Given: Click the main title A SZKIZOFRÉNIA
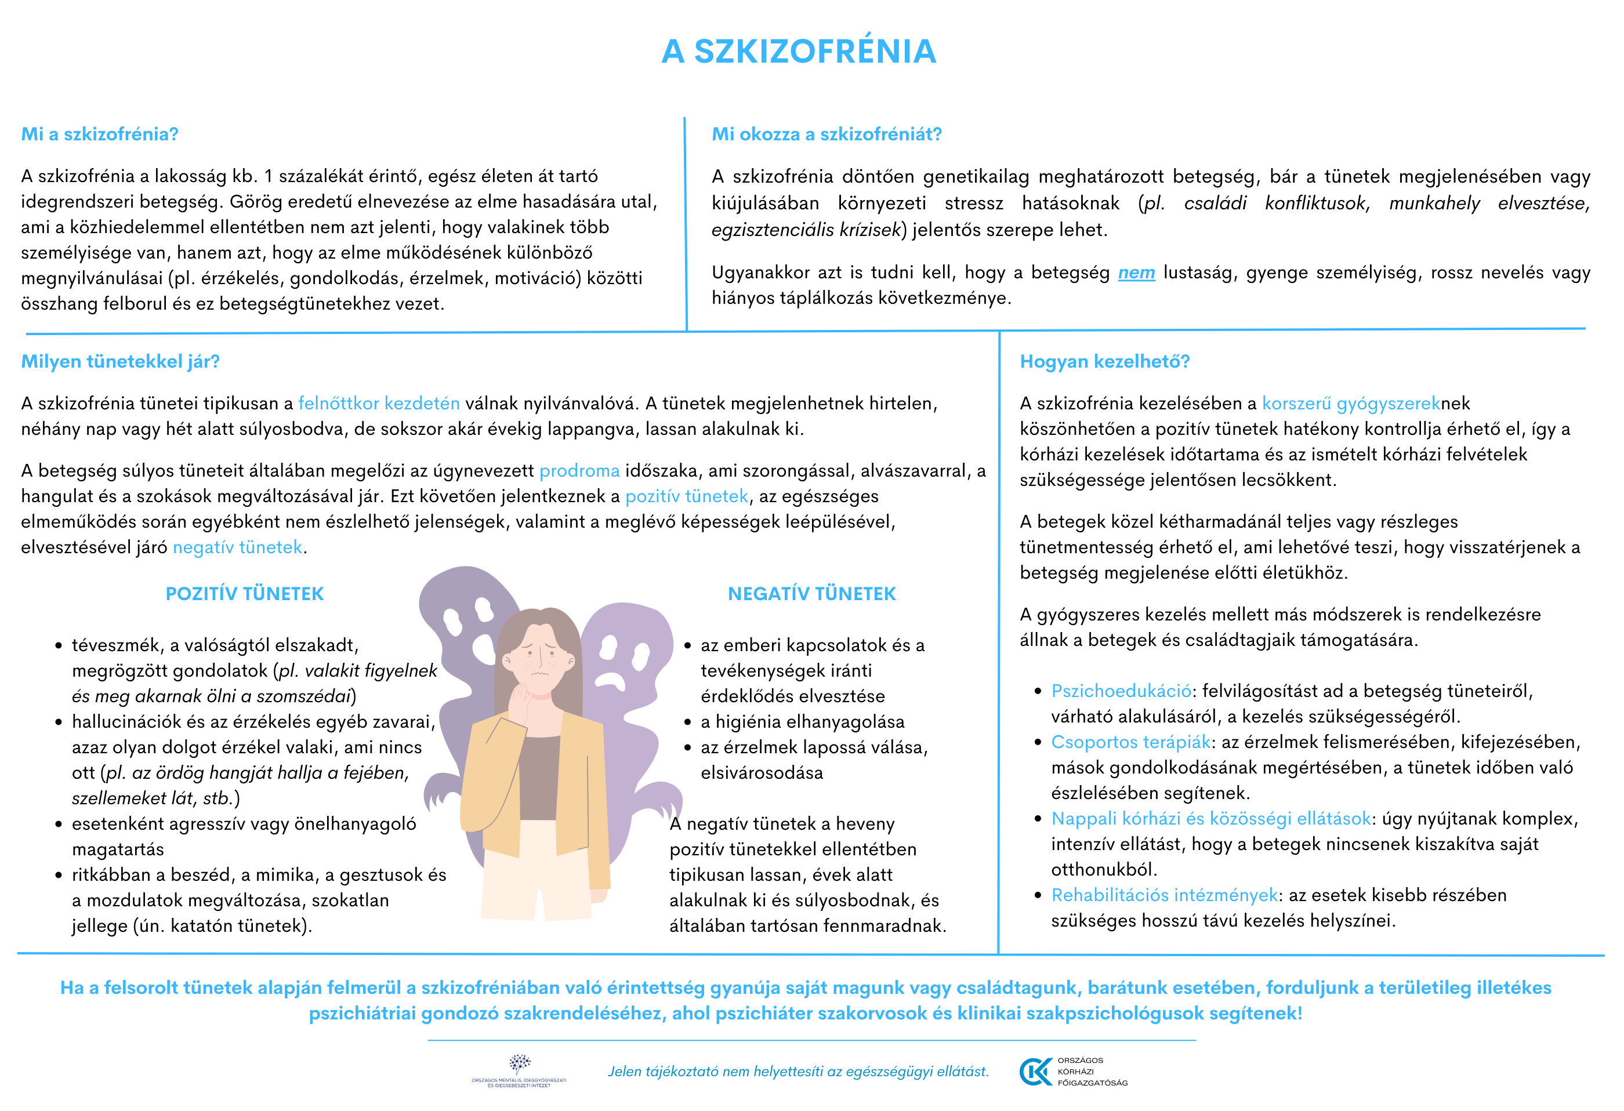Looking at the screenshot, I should (798, 51).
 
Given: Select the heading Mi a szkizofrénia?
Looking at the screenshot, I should (100, 134).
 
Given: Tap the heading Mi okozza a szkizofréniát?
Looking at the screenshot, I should (826, 134).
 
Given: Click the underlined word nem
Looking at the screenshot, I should (1136, 273).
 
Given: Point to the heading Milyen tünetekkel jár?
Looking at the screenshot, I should (120, 361).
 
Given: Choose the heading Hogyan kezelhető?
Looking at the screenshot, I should (1104, 361).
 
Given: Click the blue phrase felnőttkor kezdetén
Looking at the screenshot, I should (379, 403).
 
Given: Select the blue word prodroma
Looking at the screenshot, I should (579, 471).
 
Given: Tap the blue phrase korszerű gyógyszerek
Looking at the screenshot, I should (1350, 403).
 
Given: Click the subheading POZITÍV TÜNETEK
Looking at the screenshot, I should (245, 594).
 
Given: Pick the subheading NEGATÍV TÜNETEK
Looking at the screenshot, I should (811, 594).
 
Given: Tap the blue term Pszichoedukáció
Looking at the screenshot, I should (1121, 691).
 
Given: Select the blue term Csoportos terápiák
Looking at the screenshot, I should (1130, 742).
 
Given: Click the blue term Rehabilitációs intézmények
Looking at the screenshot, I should (1164, 895).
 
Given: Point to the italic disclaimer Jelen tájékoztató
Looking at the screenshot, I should (798, 1071).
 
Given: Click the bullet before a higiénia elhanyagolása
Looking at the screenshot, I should (688, 722).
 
